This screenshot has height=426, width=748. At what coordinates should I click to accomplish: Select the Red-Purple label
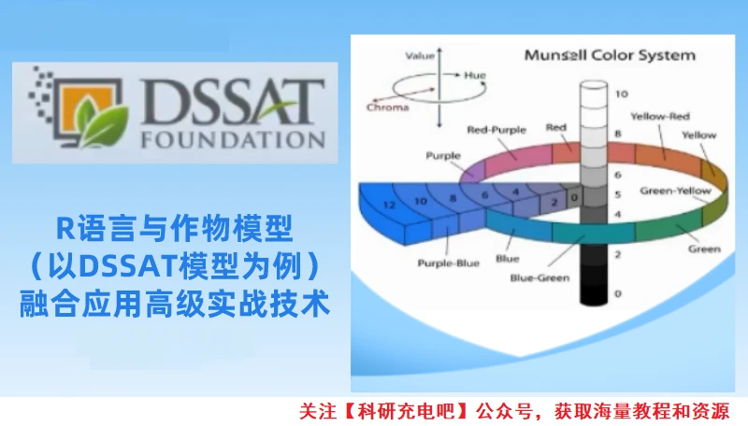click(495, 130)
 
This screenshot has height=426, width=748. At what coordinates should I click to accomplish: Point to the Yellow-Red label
click(659, 117)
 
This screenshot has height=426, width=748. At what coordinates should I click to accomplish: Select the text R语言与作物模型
click(175, 227)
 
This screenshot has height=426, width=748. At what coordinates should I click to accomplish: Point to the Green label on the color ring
click(704, 249)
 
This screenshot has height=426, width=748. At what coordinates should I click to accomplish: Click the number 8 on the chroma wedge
click(453, 198)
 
